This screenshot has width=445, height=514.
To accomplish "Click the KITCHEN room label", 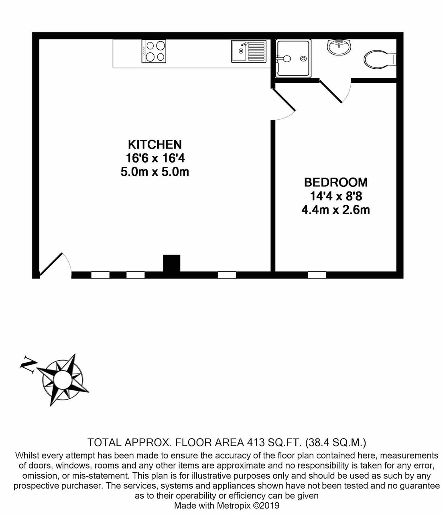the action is [x=155, y=145].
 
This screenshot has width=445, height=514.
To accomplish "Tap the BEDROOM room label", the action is [x=336, y=182].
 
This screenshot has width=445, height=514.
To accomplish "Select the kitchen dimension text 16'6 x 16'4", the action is [x=155, y=158].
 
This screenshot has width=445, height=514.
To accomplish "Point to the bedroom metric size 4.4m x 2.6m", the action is [x=336, y=210].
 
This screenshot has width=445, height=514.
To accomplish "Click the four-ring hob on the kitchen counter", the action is [x=154, y=51].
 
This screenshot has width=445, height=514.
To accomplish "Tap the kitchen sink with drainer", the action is [x=249, y=51].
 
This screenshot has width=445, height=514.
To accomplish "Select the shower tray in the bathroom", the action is [x=293, y=59].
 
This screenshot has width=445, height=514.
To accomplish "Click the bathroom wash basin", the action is [x=339, y=47].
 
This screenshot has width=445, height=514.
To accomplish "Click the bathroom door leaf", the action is [x=331, y=92].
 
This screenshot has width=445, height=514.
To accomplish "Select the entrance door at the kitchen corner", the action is [x=51, y=264].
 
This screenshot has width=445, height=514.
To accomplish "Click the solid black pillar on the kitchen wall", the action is [x=171, y=263].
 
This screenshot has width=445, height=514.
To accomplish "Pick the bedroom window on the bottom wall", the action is [x=317, y=275].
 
